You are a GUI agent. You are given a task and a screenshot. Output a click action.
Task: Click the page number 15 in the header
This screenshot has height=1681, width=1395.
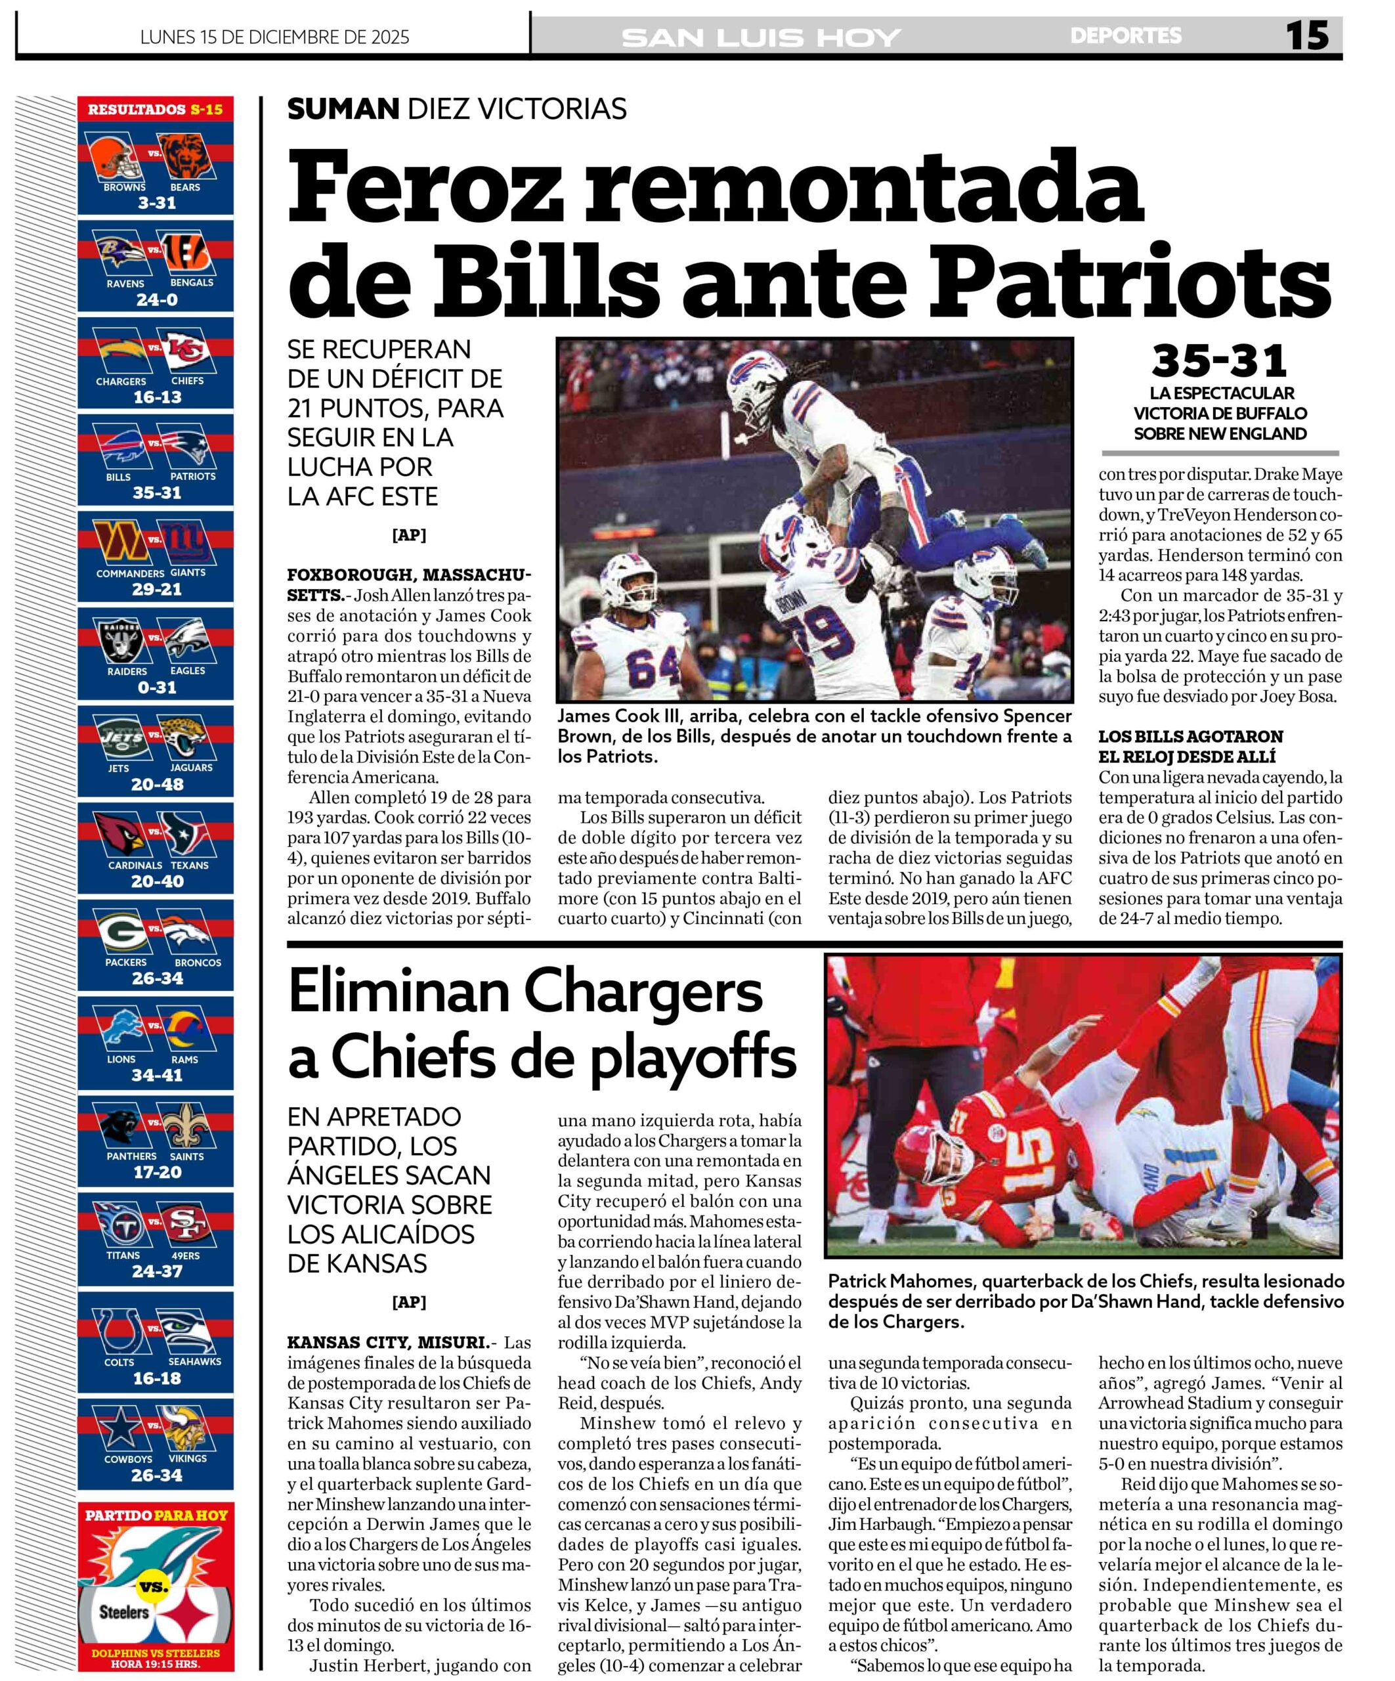click(1306, 36)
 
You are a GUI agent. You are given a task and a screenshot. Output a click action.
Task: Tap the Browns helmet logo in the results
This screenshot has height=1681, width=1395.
click(113, 158)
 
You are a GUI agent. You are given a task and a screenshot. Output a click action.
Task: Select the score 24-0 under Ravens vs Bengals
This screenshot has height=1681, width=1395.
click(157, 300)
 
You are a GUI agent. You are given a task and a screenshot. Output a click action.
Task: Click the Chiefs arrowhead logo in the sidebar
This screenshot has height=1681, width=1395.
click(187, 351)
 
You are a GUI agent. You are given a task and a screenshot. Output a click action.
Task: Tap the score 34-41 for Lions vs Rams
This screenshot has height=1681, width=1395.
click(157, 1075)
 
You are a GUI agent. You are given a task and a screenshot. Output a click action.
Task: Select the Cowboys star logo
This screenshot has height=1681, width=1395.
click(120, 1430)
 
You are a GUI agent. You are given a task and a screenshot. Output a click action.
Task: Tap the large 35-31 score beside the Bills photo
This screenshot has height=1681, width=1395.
click(1219, 361)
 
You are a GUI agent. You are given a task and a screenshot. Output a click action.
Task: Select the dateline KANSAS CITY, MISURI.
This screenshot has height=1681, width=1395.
click(387, 1342)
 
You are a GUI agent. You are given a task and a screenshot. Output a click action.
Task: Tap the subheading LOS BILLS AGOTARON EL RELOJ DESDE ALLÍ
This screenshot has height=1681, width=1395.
click(1190, 746)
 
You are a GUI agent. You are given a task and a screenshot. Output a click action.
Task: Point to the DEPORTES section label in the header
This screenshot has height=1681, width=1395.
click(1125, 36)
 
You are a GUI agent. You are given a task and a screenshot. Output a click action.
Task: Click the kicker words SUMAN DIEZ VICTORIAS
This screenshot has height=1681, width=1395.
click(456, 109)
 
